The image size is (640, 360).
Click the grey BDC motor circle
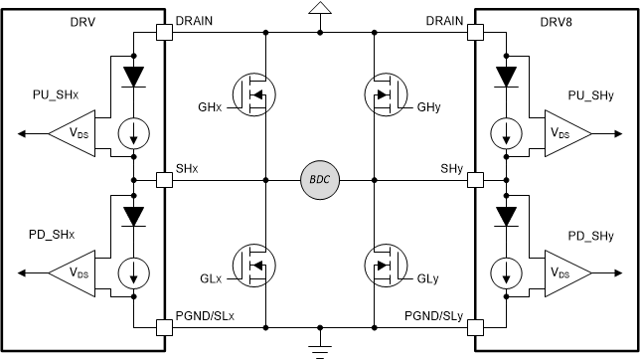tap(320, 180)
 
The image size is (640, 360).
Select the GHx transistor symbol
tap(251, 95)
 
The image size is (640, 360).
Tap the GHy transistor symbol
tap(387, 95)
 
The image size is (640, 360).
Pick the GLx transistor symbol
tap(251, 265)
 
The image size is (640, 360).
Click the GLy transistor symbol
tap(387, 265)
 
